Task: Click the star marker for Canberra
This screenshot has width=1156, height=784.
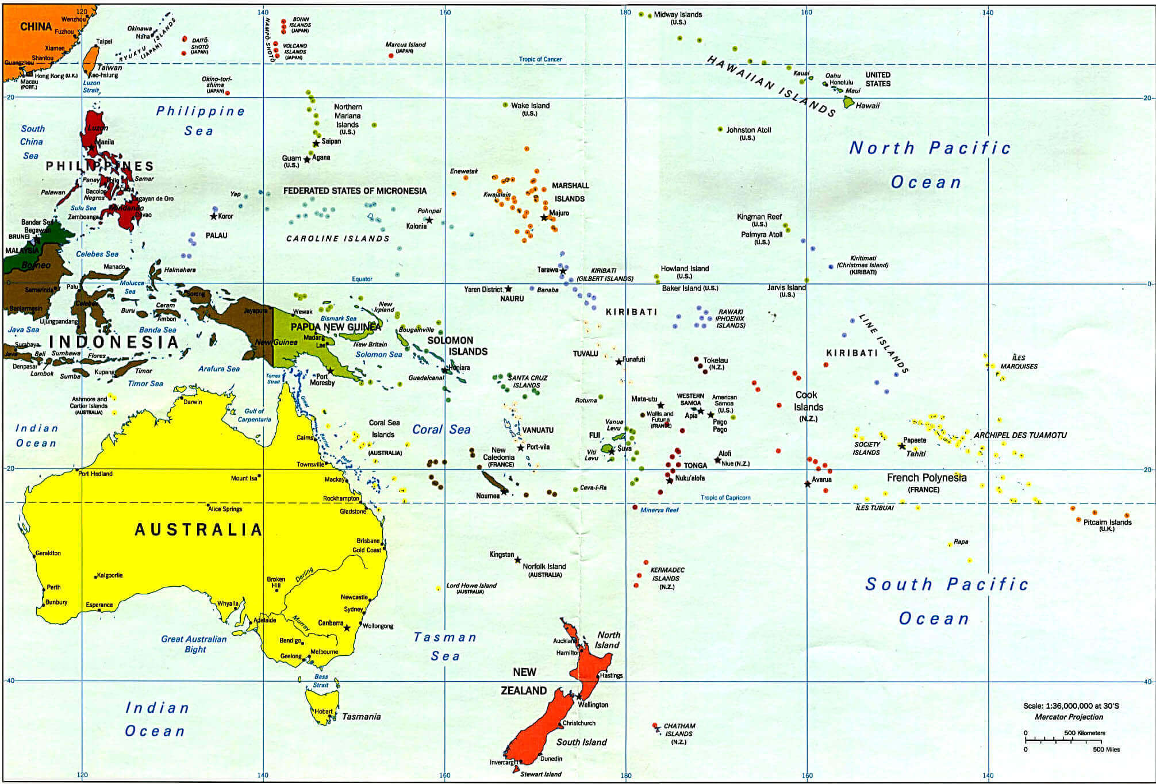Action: pyautogui.click(x=347, y=628)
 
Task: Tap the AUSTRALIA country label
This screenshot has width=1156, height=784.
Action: pyautogui.click(x=198, y=529)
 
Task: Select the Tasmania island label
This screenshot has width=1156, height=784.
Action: pyautogui.click(x=361, y=716)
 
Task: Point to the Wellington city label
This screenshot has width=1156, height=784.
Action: pyautogui.click(x=593, y=705)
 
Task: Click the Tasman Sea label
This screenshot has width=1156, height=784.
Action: pyautogui.click(x=445, y=646)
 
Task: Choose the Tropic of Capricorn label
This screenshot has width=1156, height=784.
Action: pyautogui.click(x=725, y=498)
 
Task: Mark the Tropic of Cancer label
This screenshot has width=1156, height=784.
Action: pyautogui.click(x=540, y=59)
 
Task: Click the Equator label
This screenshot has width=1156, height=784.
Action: pyautogui.click(x=362, y=279)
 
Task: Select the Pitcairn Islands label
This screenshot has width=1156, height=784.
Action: pyautogui.click(x=1107, y=522)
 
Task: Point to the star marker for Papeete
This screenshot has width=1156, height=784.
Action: pyautogui.click(x=901, y=446)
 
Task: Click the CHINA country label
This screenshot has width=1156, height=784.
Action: pyautogui.click(x=36, y=26)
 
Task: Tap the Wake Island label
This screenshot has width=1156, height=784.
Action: pyautogui.click(x=530, y=106)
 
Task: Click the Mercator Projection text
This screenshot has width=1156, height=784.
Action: pyautogui.click(x=1069, y=717)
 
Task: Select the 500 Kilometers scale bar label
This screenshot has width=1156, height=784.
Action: pyautogui.click(x=1084, y=733)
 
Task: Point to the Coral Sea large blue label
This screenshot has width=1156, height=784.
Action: pyautogui.click(x=441, y=429)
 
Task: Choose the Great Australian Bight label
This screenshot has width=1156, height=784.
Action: pyautogui.click(x=194, y=644)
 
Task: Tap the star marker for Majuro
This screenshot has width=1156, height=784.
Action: pyautogui.click(x=544, y=218)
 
